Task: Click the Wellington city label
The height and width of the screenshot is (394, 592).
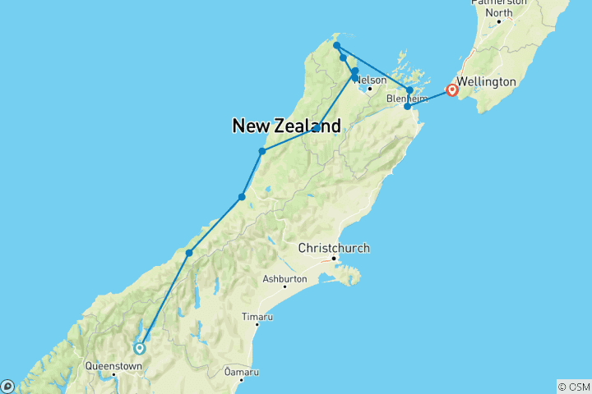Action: pyautogui.click(x=487, y=82)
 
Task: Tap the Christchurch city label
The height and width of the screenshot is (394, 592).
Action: pyautogui.click(x=334, y=248)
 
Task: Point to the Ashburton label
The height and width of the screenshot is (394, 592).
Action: pyautogui.click(x=284, y=279)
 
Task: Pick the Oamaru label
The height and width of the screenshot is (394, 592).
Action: pyautogui.click(x=242, y=373)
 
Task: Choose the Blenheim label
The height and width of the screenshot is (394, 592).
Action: pyautogui.click(x=408, y=98)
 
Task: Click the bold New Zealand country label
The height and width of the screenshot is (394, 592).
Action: pyautogui.click(x=286, y=126)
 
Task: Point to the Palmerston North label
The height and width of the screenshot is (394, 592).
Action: pyautogui.click(x=498, y=7)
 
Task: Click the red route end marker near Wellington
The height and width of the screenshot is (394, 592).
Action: pyautogui.click(x=451, y=89)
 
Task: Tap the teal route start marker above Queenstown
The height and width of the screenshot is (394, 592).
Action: pyautogui.click(x=140, y=347)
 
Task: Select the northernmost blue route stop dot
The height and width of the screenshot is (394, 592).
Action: pyautogui.click(x=337, y=46)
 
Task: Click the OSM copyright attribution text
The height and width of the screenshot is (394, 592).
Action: pyautogui.click(x=573, y=386)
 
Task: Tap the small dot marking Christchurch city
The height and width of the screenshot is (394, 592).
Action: pyautogui.click(x=334, y=259)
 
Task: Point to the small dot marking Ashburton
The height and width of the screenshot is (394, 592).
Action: pyautogui.click(x=284, y=287)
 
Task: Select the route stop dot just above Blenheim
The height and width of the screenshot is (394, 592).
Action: pyautogui.click(x=409, y=90)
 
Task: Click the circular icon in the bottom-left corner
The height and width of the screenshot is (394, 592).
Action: pyautogui.click(x=7, y=386)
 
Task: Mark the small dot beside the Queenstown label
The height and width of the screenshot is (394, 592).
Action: pyautogui.click(x=114, y=375)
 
